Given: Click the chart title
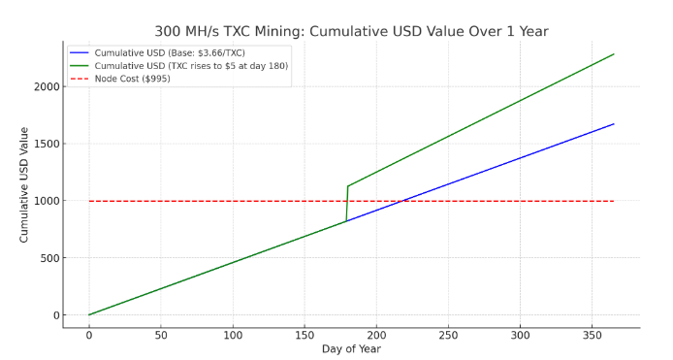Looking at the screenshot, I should pyautogui.click(x=351, y=31).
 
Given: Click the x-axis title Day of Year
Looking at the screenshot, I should pyautogui.click(x=351, y=349).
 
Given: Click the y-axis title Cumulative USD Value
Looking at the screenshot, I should pyautogui.click(x=24, y=184).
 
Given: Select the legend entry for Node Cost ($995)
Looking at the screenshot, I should pyautogui.click(x=132, y=79).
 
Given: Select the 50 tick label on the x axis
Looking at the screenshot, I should pyautogui.click(x=161, y=335).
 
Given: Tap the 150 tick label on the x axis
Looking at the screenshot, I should pyautogui.click(x=304, y=335).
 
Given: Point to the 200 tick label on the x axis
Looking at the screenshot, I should pyautogui.click(x=376, y=335).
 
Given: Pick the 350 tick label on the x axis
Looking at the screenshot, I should pyautogui.click(x=592, y=335).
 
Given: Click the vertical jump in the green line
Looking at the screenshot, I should pyautogui.click(x=347, y=204).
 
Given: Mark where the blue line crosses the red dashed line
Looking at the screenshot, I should pyautogui.click(x=402, y=201).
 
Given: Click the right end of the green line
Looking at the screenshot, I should pyautogui.click(x=614, y=54).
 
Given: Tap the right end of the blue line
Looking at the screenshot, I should pyautogui.click(x=614, y=124).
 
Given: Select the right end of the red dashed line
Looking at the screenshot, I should pyautogui.click(x=614, y=201).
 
